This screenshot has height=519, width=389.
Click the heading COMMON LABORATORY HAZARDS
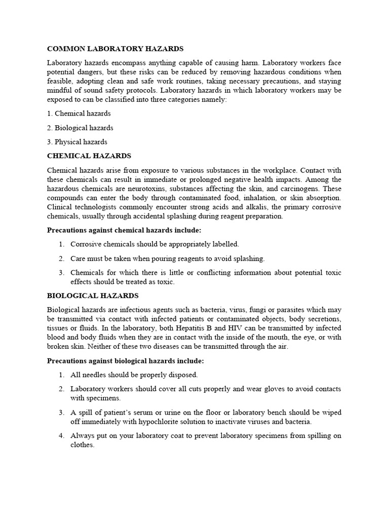115,49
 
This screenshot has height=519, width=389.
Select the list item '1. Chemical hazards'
79,114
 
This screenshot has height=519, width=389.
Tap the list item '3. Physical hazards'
77,142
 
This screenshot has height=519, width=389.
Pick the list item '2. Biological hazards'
80,128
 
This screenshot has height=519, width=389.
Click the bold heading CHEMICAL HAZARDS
89,156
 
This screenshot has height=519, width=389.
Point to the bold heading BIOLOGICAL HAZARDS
93,295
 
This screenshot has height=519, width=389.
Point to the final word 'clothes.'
83,445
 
